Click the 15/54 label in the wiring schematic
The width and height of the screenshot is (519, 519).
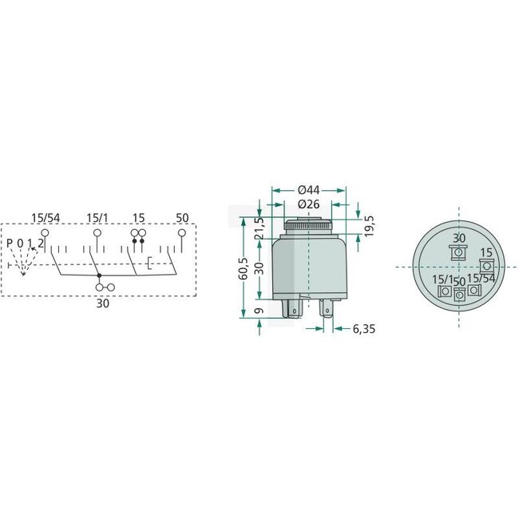tap(46, 218)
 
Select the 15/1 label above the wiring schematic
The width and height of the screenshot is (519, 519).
tap(97, 218)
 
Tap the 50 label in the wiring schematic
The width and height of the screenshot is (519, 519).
tap(182, 218)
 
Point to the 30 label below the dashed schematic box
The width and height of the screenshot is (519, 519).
tap(103, 303)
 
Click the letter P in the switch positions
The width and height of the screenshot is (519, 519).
tap(10, 244)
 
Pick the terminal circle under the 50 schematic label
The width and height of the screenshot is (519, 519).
tap(182, 232)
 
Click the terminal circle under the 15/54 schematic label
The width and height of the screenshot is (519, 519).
tap(46, 232)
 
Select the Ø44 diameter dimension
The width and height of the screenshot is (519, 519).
tap(308, 190)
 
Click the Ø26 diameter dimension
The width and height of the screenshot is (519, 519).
tap(308, 205)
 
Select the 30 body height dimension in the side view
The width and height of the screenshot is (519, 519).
tap(258, 268)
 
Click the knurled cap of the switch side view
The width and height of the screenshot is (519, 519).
tap(309, 228)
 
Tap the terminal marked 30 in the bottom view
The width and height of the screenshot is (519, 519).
tap(458, 253)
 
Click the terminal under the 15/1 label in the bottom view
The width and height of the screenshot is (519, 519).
tap(443, 291)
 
